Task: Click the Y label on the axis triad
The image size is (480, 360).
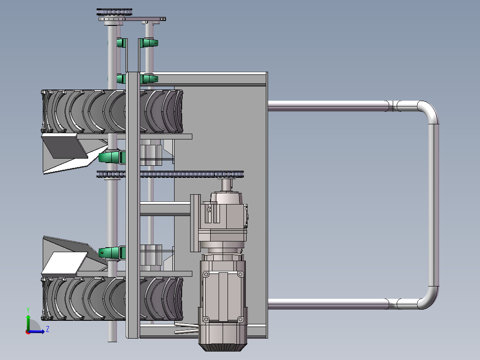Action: [x=28, y=310]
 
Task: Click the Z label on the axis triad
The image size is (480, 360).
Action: [x=48, y=329]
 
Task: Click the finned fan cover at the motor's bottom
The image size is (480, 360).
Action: [x=223, y=347]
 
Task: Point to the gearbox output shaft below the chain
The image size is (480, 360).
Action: [x=226, y=184]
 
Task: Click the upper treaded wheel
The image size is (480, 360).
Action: [x=112, y=111]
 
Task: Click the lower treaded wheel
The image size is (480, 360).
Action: [x=112, y=299]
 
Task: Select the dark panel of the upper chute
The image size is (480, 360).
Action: [x=65, y=147]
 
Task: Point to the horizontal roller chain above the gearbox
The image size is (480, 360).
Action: [x=170, y=174]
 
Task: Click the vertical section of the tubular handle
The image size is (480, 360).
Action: [x=434, y=205]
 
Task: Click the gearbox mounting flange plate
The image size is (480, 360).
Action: [x=195, y=223]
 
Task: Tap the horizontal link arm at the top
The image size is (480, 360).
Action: [x=144, y=19]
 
